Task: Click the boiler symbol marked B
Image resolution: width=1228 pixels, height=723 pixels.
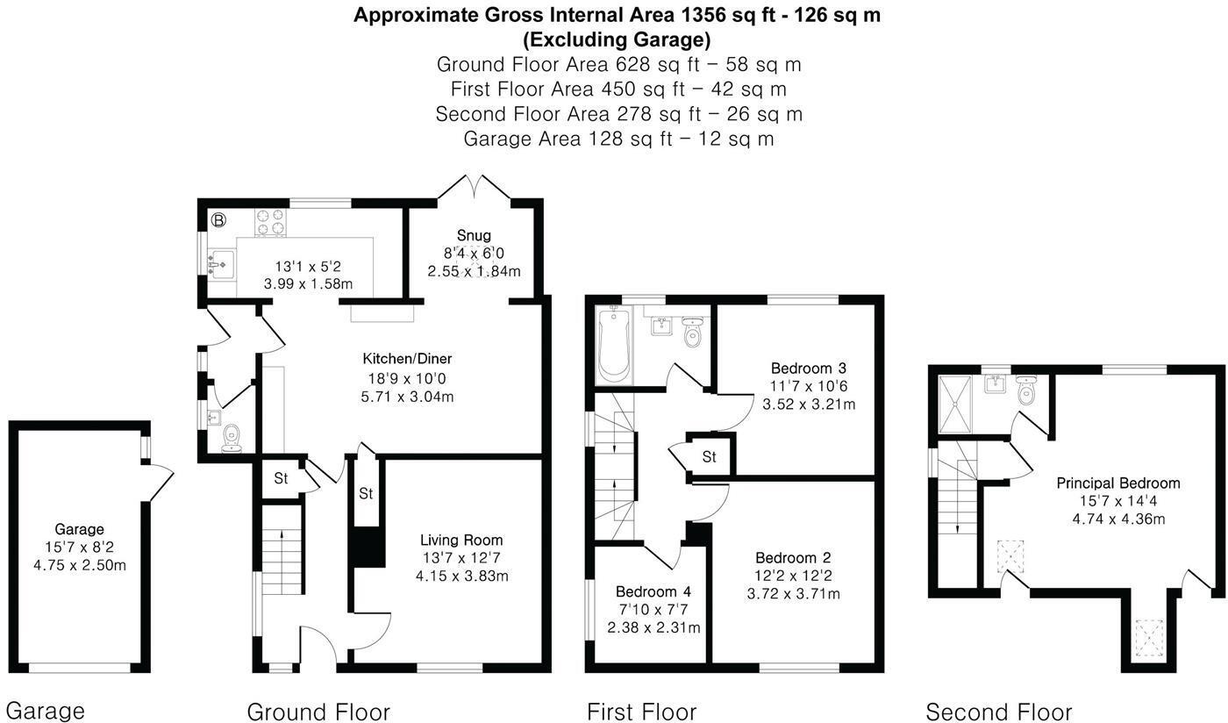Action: point(218,220)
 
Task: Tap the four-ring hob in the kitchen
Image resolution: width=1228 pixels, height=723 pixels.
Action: point(270,222)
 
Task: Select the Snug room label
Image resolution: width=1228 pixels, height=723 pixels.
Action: point(474,235)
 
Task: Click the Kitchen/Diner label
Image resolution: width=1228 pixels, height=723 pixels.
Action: point(407,359)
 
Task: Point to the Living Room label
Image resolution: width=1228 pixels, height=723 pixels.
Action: point(461,540)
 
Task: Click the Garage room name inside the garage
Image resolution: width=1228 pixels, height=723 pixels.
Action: point(80,529)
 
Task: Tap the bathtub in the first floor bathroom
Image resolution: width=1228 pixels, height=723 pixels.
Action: point(614,344)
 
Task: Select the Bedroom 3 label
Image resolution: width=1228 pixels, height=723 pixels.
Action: point(809,369)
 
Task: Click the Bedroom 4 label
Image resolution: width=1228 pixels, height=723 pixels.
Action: point(653,591)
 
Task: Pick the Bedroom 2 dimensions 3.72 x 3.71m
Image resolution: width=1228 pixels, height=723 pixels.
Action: point(793,593)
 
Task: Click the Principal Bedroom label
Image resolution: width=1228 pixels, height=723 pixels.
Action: point(1118,483)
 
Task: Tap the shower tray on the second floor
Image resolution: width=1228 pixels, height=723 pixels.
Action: point(955,404)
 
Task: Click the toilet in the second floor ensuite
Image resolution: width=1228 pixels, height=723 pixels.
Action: point(1025,390)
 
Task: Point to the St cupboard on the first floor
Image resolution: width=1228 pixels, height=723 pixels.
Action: point(710,456)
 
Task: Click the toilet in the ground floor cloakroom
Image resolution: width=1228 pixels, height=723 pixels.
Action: point(232,439)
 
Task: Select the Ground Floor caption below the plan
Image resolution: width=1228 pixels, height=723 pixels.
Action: point(318,712)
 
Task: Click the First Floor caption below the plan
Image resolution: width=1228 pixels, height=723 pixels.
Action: point(641,712)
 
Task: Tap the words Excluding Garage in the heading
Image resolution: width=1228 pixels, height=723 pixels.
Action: point(617,39)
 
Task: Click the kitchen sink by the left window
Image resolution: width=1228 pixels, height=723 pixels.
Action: point(222,264)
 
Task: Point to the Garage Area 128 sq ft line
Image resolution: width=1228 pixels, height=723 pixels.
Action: point(618,139)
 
